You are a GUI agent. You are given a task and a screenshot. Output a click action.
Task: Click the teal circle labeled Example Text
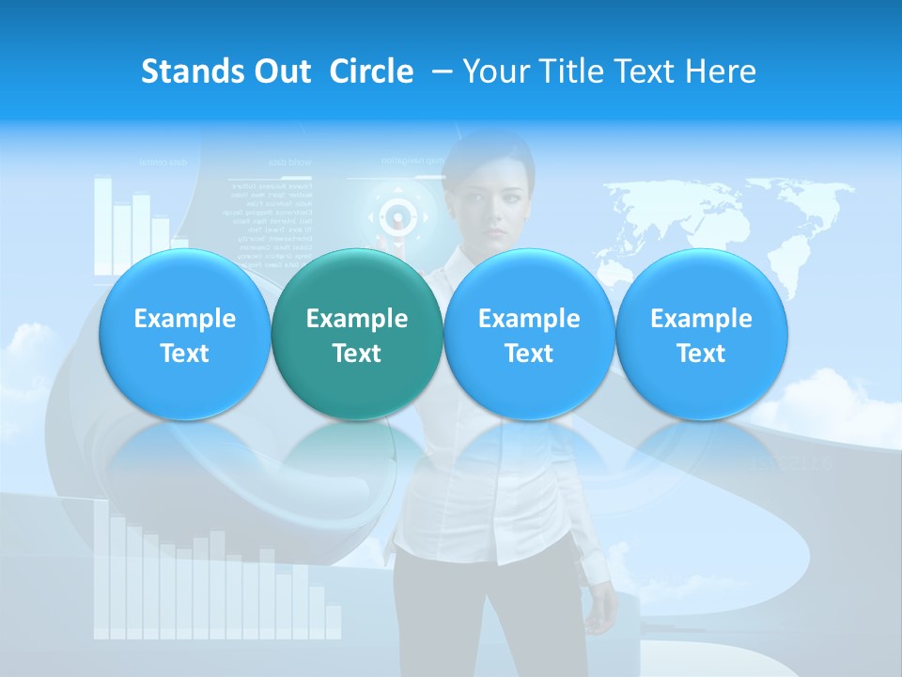click(356, 335)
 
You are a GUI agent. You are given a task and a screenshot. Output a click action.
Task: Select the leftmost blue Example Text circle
click(184, 335)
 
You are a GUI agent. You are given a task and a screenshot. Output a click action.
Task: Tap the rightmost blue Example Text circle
click(701, 335)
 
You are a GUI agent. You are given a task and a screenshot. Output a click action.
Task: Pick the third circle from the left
click(529, 335)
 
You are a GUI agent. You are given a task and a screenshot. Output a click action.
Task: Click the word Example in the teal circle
click(356, 319)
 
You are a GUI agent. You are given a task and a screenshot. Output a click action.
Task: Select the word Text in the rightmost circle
click(701, 354)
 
